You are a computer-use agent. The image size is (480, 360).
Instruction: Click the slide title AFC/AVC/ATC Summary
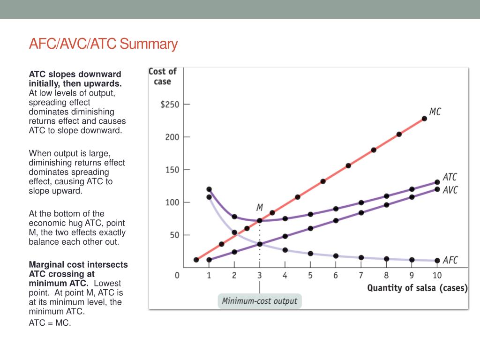click(103, 45)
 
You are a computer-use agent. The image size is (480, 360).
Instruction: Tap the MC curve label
click(435, 112)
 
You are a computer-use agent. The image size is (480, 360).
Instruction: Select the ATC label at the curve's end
click(450, 177)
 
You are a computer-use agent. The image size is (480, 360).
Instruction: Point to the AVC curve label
click(450, 190)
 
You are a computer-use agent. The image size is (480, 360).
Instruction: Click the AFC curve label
click(450, 260)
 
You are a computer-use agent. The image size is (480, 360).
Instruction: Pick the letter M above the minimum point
click(260, 207)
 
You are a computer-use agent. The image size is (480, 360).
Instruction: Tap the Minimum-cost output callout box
click(260, 300)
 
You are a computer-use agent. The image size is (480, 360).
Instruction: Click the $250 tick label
click(170, 104)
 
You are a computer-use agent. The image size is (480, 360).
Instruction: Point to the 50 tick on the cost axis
click(174, 235)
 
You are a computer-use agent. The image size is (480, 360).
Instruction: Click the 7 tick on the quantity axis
click(361, 276)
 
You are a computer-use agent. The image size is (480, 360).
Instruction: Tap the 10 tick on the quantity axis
click(437, 276)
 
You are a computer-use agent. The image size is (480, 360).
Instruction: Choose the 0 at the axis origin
click(177, 276)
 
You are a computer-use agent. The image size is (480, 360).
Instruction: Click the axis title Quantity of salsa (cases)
click(417, 288)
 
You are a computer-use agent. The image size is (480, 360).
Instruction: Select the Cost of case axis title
click(162, 76)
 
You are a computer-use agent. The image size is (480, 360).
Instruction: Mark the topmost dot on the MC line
click(424, 119)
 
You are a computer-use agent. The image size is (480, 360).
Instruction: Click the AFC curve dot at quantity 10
click(437, 261)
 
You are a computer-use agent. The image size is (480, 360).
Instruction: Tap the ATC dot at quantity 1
click(209, 189)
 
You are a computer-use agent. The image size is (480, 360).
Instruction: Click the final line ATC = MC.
click(50, 323)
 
